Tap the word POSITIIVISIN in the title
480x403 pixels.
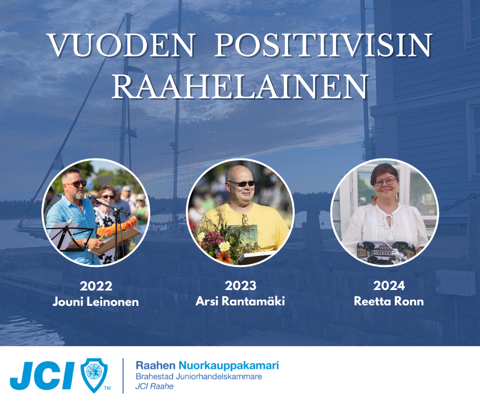(323, 46)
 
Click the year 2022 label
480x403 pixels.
(96, 286)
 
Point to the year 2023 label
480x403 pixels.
(241, 285)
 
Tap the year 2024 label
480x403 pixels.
(389, 285)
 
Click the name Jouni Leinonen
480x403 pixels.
(95, 302)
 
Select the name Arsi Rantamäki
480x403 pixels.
(241, 301)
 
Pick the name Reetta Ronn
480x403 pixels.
(389, 301)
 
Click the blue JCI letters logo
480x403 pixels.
(42, 375)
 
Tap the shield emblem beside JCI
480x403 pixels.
(94, 374)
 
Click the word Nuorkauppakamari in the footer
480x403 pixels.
(229, 366)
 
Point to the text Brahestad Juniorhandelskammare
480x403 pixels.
(199, 376)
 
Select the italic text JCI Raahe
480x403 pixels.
(155, 386)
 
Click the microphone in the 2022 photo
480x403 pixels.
(93, 196)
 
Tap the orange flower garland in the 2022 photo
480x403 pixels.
(116, 227)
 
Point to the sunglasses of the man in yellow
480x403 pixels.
(242, 184)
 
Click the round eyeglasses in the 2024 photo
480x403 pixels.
(385, 182)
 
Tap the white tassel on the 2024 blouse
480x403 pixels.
(390, 235)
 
